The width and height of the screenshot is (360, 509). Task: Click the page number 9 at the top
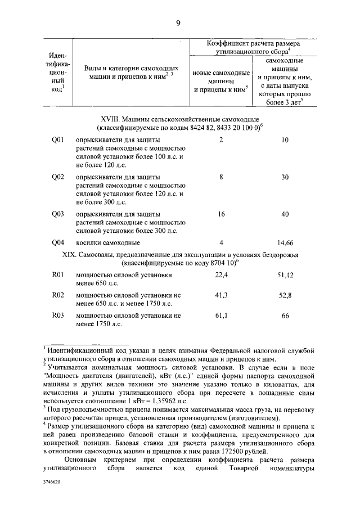pyautogui.click(x=178, y=22)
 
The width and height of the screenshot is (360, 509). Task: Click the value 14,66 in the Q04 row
pyautogui.click(x=285, y=243)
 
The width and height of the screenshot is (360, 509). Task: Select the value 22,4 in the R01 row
pyautogui.click(x=222, y=275)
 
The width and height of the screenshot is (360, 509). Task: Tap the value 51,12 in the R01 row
pyautogui.click(x=285, y=275)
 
